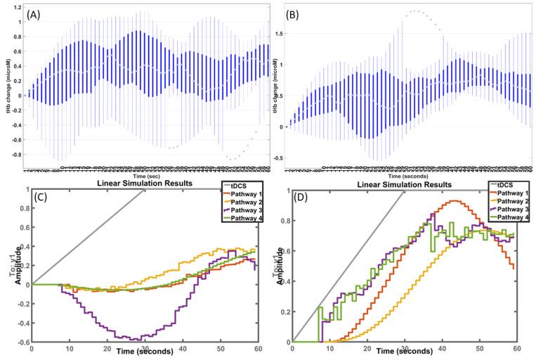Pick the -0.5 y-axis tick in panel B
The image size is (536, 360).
click(x=278, y=157)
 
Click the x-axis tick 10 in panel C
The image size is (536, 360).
click(x=69, y=349)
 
